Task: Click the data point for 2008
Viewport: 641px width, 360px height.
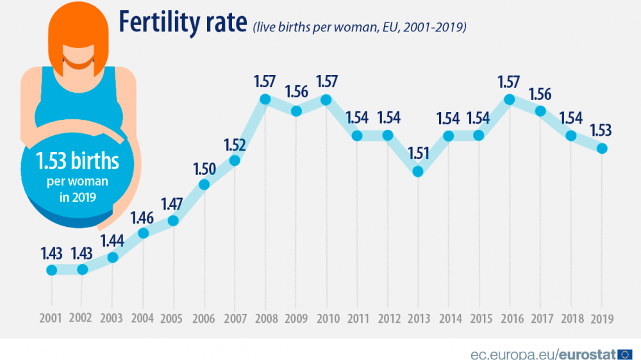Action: (265, 99)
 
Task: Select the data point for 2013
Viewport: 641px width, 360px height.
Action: (418, 172)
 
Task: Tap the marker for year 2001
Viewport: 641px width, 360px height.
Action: (52, 270)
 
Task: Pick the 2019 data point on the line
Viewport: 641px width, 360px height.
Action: (601, 148)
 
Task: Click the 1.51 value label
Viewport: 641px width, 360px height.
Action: (418, 154)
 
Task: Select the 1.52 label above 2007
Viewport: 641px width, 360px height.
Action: (235, 143)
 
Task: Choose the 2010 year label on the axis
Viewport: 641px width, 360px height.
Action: (326, 318)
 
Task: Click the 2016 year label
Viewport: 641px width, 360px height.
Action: (510, 318)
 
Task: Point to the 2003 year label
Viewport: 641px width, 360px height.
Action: (112, 318)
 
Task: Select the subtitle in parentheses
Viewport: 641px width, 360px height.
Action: (359, 27)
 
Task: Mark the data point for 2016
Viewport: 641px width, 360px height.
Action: (510, 99)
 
